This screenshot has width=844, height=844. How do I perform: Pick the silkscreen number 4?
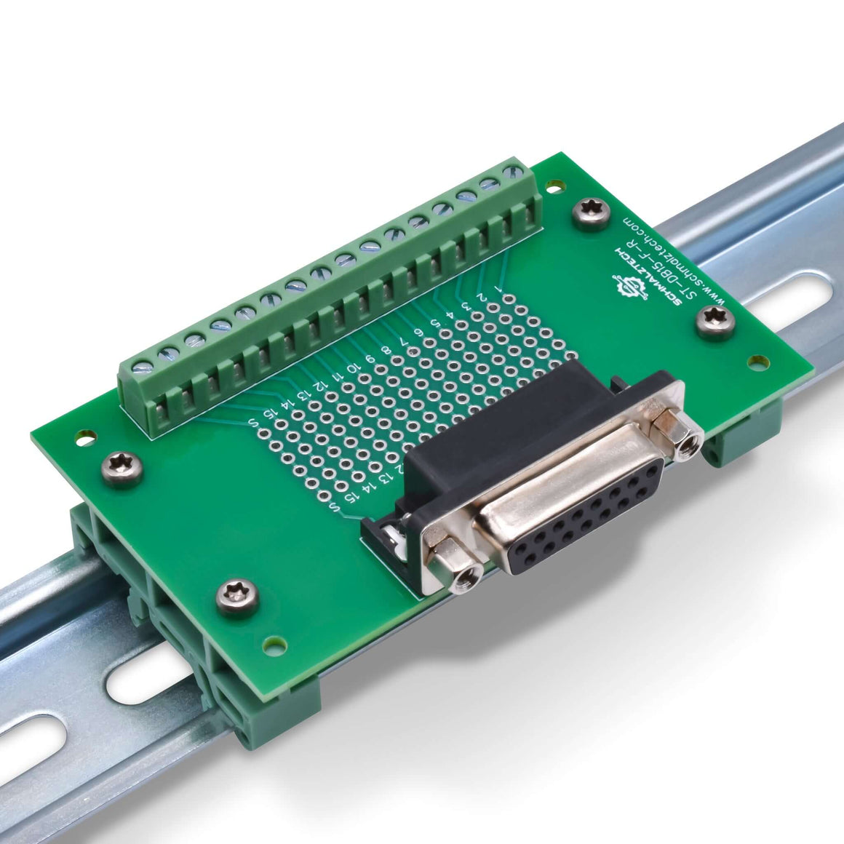[450, 314]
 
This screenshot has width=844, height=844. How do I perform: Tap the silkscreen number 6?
[418, 333]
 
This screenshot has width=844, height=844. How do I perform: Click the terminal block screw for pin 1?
[517, 174]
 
